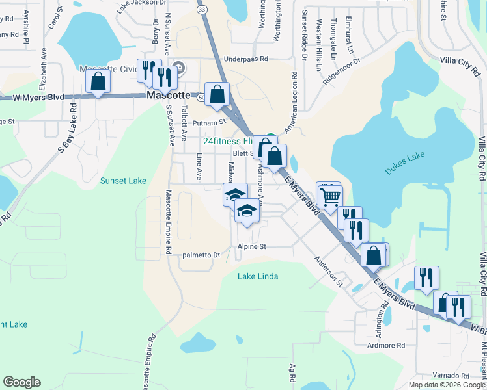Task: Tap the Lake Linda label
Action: (x=258, y=276)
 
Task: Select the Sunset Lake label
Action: (x=124, y=181)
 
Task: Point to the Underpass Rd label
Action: (x=246, y=58)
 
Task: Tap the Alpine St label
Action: (x=252, y=247)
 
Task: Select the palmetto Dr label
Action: (x=201, y=255)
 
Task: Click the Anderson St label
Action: (x=328, y=271)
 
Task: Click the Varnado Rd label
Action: (x=451, y=376)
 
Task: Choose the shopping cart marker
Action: (x=331, y=195)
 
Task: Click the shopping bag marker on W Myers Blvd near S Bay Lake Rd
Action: (x=98, y=82)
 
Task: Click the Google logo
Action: (x=21, y=382)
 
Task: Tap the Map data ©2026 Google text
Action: (x=447, y=385)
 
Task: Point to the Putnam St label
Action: (x=212, y=122)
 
